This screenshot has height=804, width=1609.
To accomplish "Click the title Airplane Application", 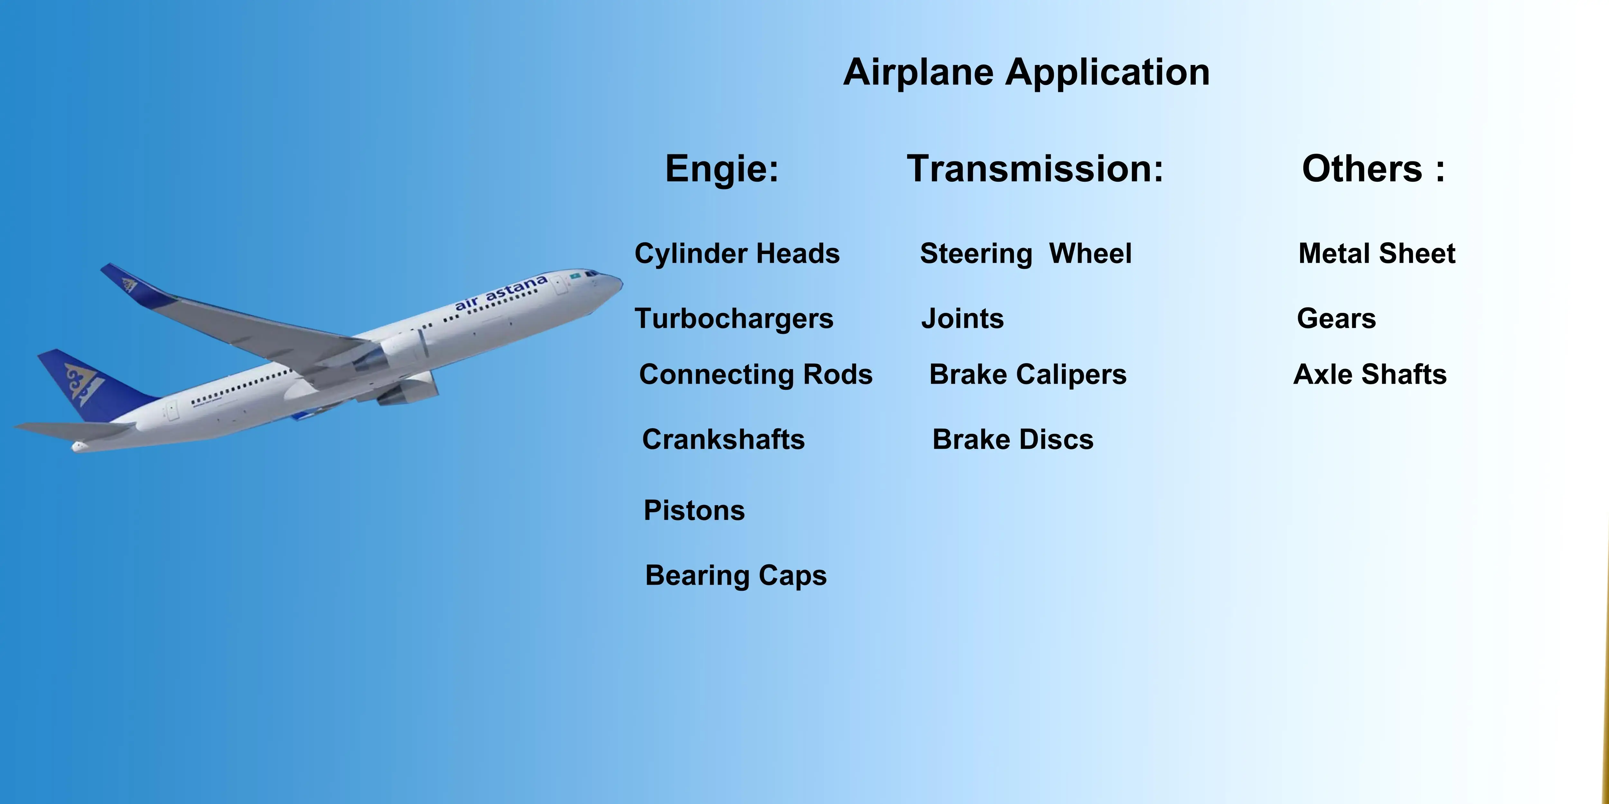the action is pyautogui.click(x=1026, y=72).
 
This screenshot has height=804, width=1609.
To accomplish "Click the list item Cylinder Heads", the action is pyautogui.click(x=737, y=253).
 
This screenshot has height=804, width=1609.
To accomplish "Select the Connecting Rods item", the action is pyautogui.click(x=756, y=375).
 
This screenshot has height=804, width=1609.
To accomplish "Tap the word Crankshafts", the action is pyautogui.click(x=723, y=439).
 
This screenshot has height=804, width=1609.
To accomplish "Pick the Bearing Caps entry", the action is pyautogui.click(x=736, y=576).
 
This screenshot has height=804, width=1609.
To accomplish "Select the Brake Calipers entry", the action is pyautogui.click(x=1028, y=375).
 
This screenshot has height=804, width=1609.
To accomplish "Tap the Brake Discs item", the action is pyautogui.click(x=1012, y=439).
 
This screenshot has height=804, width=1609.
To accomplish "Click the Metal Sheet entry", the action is pyautogui.click(x=1377, y=253).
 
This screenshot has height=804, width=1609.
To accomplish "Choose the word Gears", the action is pyautogui.click(x=1336, y=318).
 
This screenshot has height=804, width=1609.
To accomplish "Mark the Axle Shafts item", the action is pyautogui.click(x=1370, y=375).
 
